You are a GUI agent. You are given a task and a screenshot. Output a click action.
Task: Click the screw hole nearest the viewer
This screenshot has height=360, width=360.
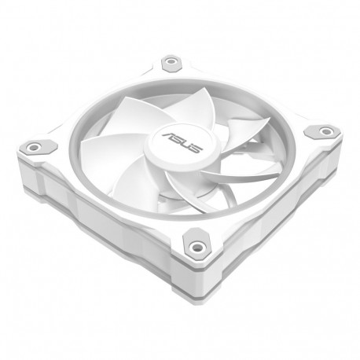[196, 243]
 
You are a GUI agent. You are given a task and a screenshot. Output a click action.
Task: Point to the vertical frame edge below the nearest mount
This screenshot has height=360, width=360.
[197, 283]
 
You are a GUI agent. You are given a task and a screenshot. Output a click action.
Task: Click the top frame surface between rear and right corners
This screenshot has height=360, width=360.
[252, 90]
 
